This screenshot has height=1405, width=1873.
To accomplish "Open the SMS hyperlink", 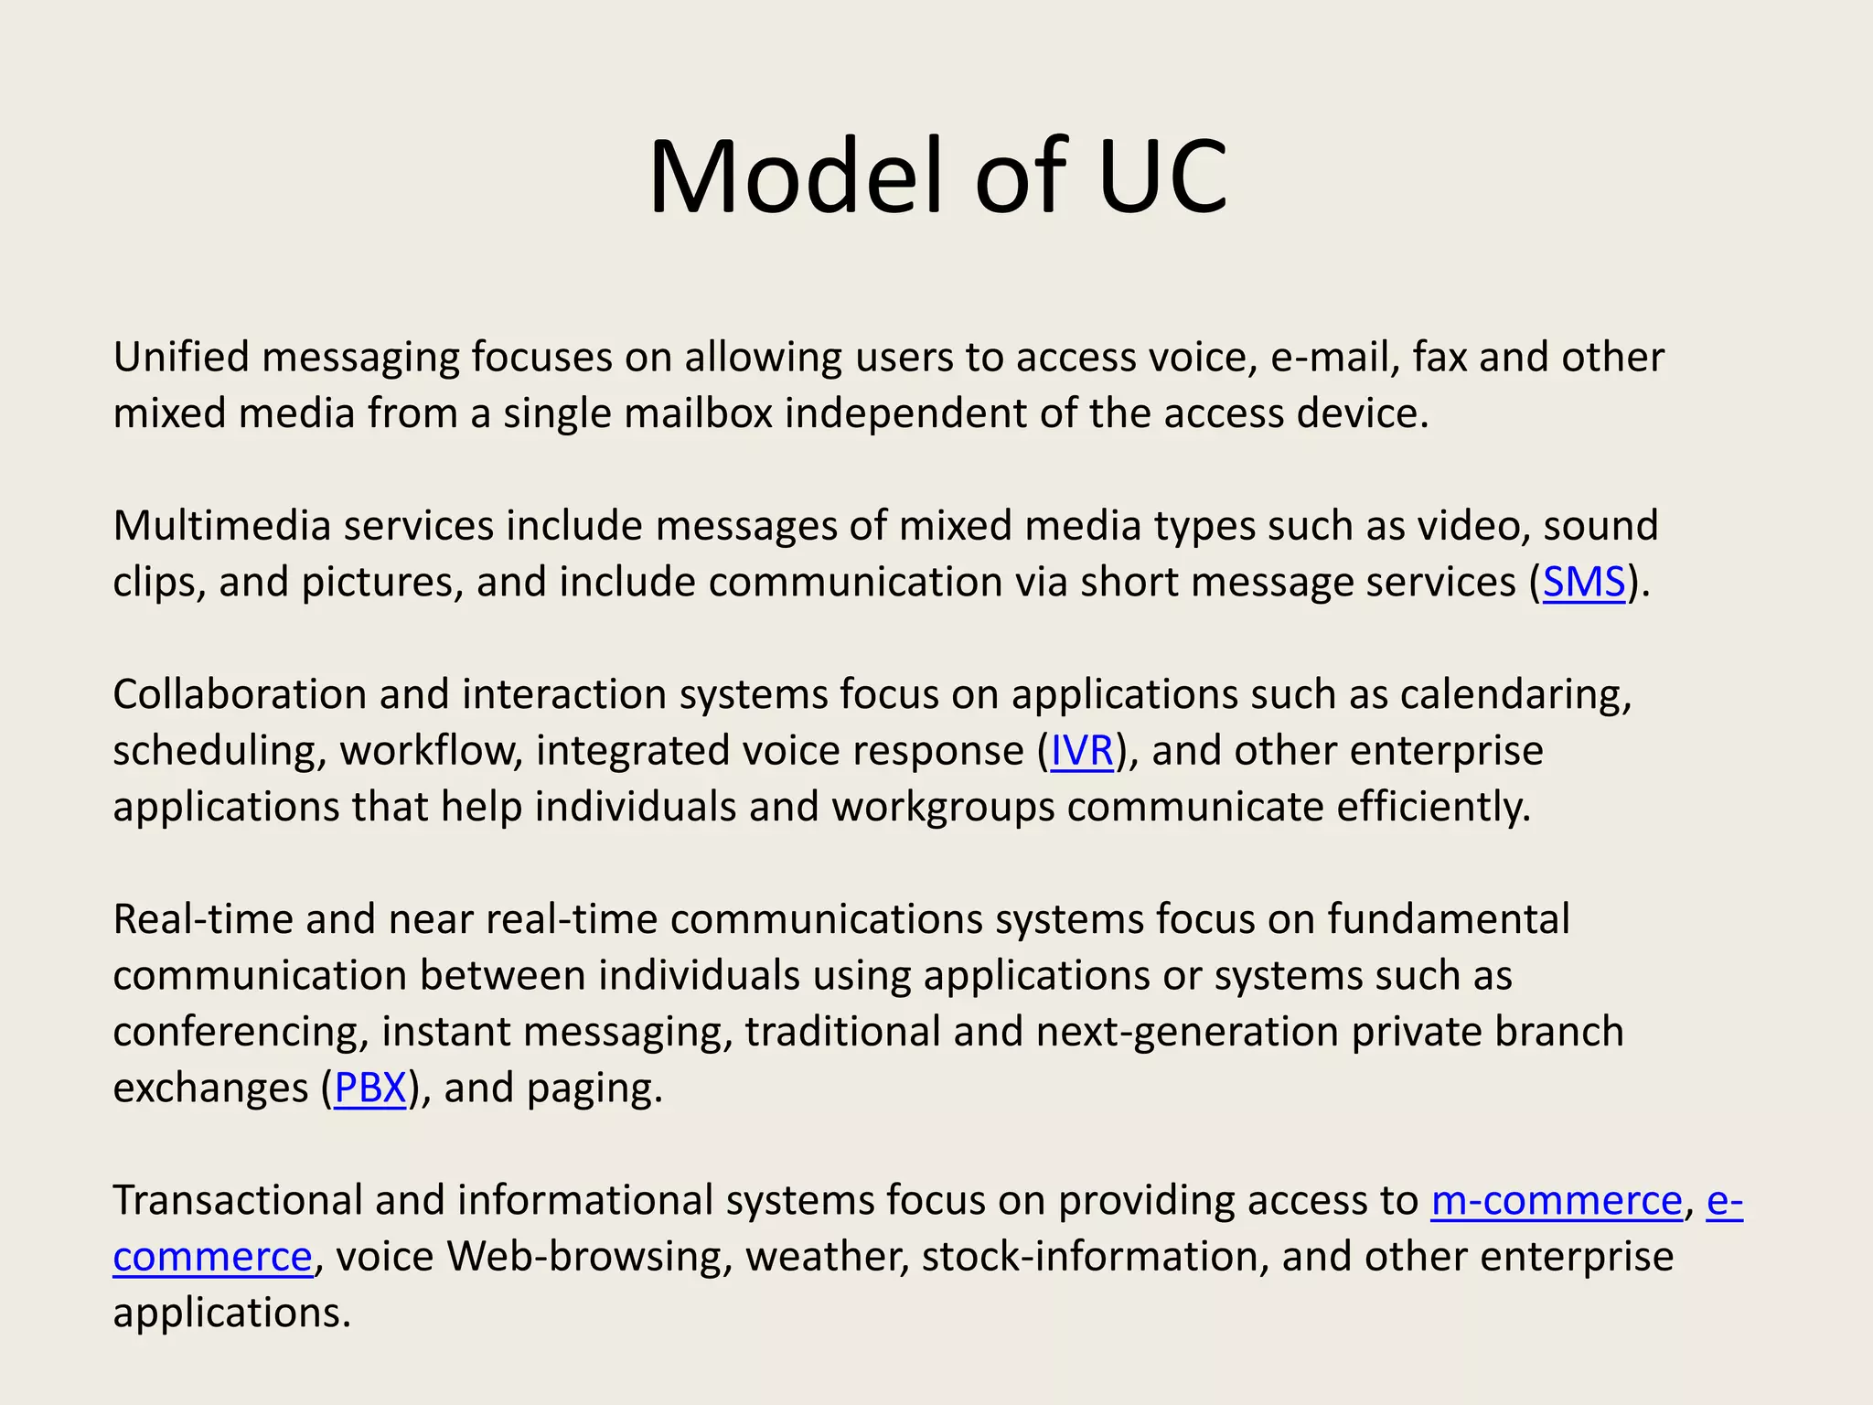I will (1584, 582).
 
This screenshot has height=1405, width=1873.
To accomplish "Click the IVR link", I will (1082, 751).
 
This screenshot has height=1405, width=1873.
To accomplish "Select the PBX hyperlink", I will (369, 1088).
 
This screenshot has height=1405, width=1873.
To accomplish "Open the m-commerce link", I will (1557, 1200).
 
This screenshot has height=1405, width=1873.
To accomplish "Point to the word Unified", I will (181, 357).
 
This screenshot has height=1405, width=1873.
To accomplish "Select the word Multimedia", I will (221, 526).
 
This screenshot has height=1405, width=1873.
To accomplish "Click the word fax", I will (1440, 357).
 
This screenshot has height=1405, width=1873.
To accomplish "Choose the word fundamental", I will (1449, 919).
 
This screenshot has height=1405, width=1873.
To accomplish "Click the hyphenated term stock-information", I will (1096, 1257).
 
